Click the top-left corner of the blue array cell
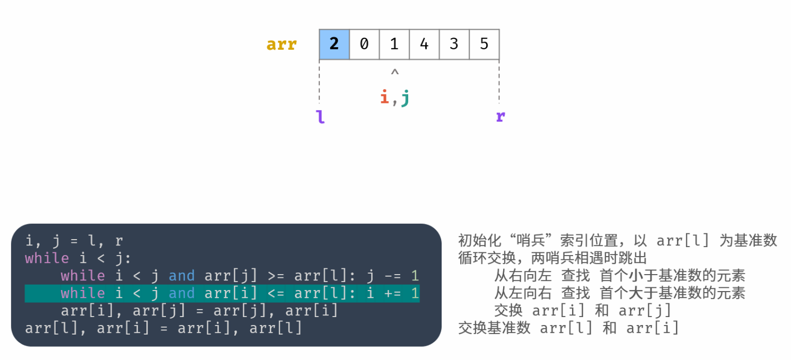coord(319,29)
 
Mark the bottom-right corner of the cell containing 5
coord(499,59)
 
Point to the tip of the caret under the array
coord(395,69)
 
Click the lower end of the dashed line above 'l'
coord(319,103)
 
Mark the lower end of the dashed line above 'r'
coord(499,103)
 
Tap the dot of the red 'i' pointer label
coord(384,92)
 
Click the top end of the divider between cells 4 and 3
coord(440,29)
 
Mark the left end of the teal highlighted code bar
coord(25,293)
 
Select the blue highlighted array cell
coord(334,44)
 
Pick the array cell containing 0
coord(364,44)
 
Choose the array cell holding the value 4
coord(424,44)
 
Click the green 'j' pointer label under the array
coord(406,98)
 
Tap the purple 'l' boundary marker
coord(320,117)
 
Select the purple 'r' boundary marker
coord(500,116)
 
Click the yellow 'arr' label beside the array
coord(282,45)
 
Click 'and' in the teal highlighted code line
coord(181,293)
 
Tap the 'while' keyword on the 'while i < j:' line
coord(47,258)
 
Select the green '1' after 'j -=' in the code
coord(415,276)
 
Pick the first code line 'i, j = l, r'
coord(74,241)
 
